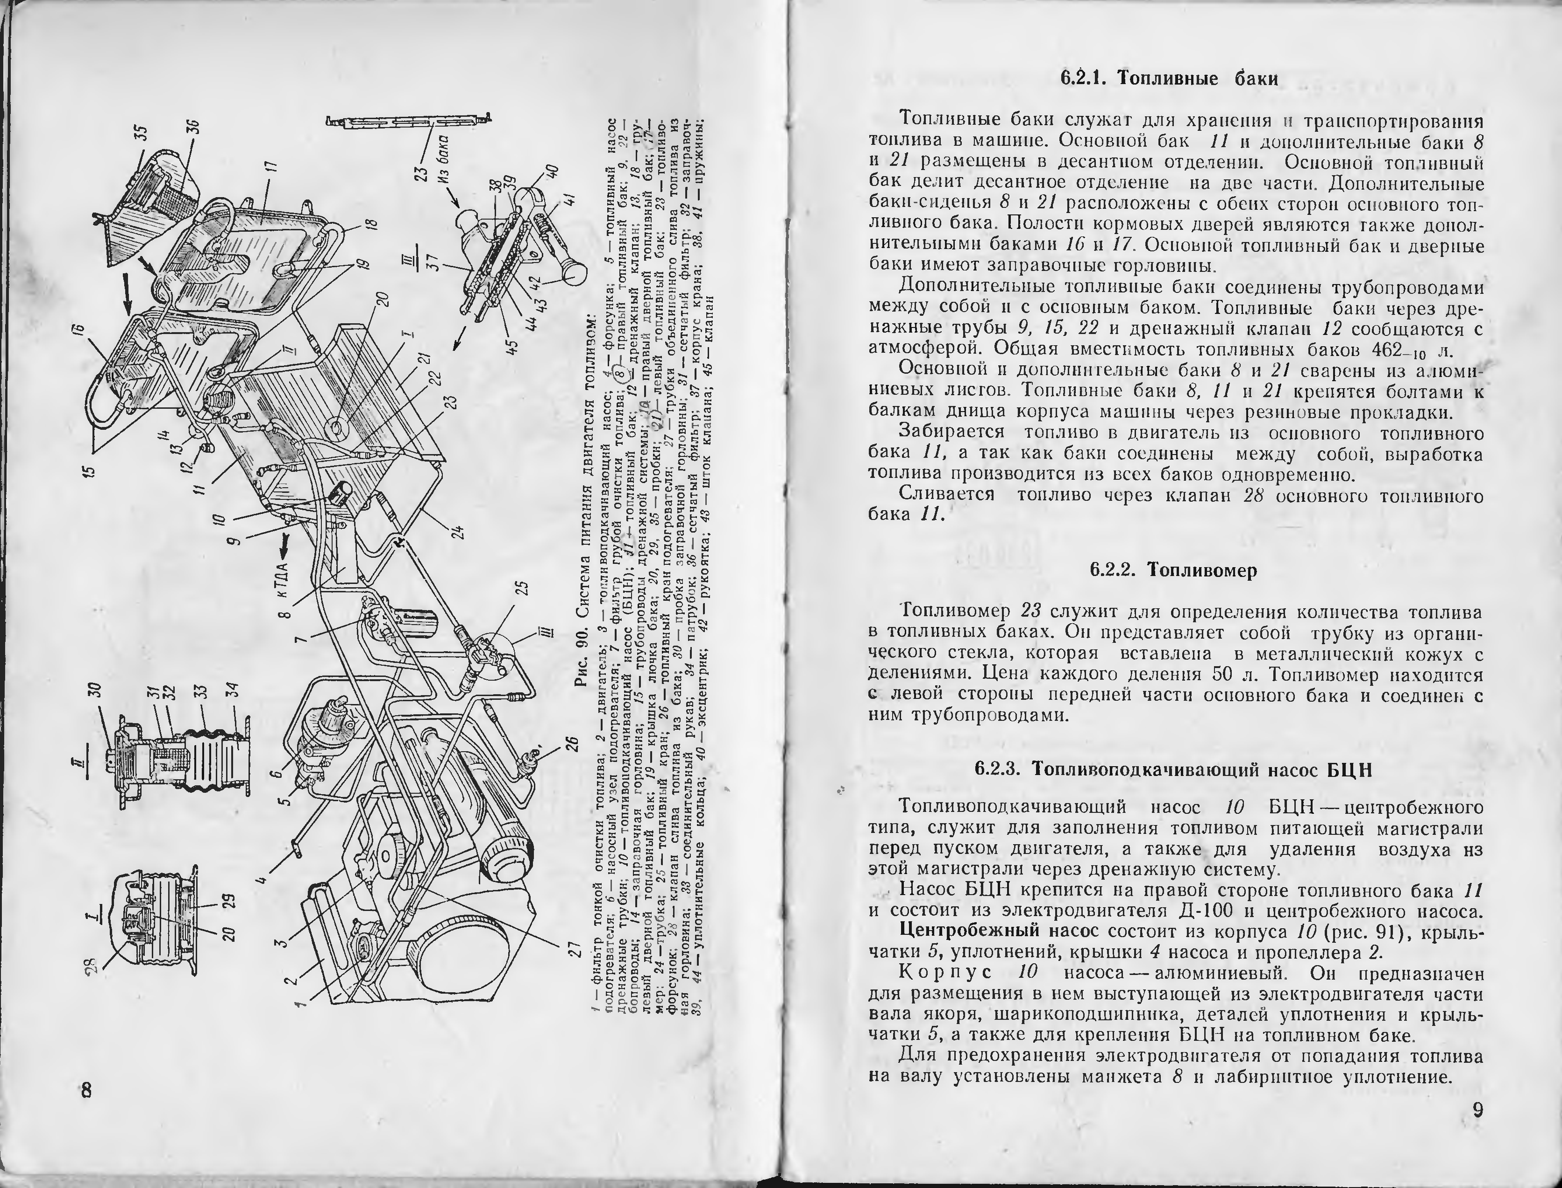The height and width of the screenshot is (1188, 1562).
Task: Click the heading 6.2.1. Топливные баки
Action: tap(1170, 78)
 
